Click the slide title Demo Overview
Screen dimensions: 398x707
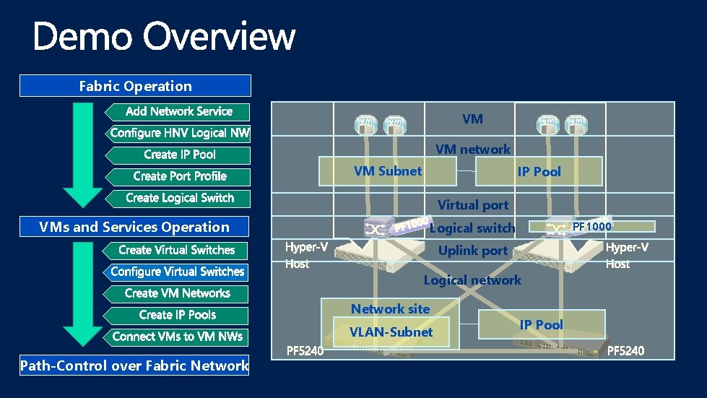pyautogui.click(x=164, y=36)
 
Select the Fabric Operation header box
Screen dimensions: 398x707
pyautogui.click(x=135, y=86)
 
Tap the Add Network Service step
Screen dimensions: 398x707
pyautogui.click(x=178, y=111)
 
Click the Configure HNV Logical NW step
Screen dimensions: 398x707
pyautogui.click(x=180, y=133)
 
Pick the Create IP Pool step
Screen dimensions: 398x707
pyautogui.click(x=180, y=155)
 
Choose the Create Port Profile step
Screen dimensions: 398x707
pyautogui.click(x=180, y=176)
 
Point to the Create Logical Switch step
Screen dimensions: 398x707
pyautogui.click(x=180, y=198)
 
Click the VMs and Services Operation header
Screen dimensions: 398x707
pyautogui.click(x=134, y=227)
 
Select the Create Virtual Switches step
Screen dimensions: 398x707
pyautogui.click(x=177, y=250)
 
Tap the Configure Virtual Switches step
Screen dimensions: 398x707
pyautogui.click(x=177, y=272)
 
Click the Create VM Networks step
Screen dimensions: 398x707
pyautogui.click(x=177, y=293)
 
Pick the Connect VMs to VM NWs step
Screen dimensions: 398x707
pyautogui.click(x=177, y=337)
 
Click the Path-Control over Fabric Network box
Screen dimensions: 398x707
pyautogui.click(x=134, y=365)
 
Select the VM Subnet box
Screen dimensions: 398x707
pyautogui.click(x=388, y=171)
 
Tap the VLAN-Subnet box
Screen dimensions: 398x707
pyautogui.click(x=391, y=332)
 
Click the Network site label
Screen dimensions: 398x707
pyautogui.click(x=390, y=309)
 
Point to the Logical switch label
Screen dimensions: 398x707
pyautogui.click(x=472, y=228)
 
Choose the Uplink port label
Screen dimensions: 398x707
pyautogui.click(x=473, y=251)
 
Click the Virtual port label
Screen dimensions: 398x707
pyautogui.click(x=473, y=205)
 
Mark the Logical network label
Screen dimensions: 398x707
pyautogui.click(x=472, y=280)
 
